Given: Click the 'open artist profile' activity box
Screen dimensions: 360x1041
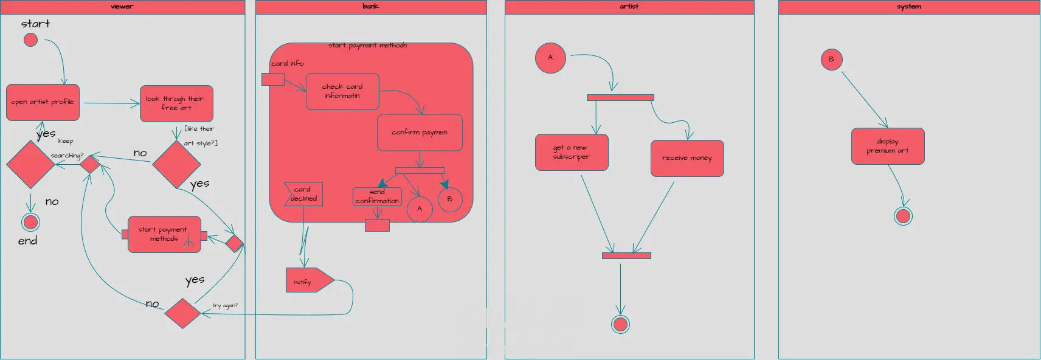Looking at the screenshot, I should coord(43,102).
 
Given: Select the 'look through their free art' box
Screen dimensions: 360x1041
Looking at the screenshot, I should coord(176,103).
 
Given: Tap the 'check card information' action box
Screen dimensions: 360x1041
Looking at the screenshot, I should coord(342,91).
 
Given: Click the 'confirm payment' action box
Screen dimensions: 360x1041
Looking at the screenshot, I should coord(420,132).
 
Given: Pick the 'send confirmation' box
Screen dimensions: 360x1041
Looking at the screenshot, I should coord(377,196).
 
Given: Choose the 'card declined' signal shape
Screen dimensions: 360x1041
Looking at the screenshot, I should coord(303,194).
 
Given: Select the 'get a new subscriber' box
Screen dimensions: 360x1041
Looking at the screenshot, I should coord(572,152).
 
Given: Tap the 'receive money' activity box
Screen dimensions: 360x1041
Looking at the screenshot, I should coord(687,158).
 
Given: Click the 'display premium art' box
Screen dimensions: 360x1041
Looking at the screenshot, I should coord(888,146).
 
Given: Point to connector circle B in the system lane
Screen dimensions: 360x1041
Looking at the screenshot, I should coord(831,60).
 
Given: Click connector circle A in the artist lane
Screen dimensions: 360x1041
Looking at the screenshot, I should coord(550,58).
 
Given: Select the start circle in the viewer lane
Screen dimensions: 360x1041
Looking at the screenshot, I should coord(30,40).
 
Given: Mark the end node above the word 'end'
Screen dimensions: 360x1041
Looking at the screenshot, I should coord(30,222).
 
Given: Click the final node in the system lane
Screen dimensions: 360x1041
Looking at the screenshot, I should coord(904,216).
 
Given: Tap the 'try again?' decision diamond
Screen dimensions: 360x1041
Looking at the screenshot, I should coord(182,313).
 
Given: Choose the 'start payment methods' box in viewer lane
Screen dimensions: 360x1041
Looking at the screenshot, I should coord(164,234).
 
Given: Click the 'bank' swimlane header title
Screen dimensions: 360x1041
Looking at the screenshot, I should coord(370,6).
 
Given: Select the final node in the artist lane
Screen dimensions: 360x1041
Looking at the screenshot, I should coord(620,324).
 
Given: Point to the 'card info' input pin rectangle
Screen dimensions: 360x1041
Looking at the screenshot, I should coord(273,79).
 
